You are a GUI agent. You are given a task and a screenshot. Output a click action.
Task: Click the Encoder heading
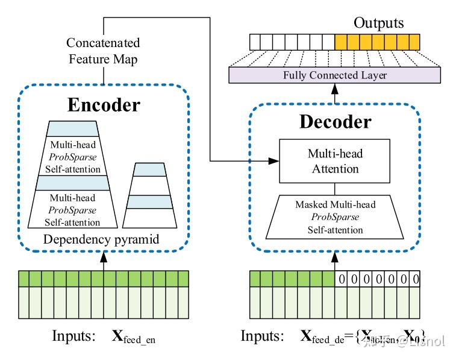pyautogui.click(x=104, y=104)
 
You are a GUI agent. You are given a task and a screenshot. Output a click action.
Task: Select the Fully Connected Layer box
pyautogui.click(x=334, y=75)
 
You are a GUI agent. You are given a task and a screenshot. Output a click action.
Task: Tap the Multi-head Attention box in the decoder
pyautogui.click(x=336, y=161)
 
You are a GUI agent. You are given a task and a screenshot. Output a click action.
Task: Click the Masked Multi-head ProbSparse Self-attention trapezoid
pyautogui.click(x=336, y=216)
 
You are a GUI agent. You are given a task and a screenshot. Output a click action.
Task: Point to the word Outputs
pyautogui.click(x=378, y=23)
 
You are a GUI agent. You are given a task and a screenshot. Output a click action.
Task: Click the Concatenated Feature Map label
pyautogui.click(x=103, y=51)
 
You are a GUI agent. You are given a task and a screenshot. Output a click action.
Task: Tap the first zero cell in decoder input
pyautogui.click(x=342, y=279)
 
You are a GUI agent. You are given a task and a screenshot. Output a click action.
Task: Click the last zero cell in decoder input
pyautogui.click(x=414, y=279)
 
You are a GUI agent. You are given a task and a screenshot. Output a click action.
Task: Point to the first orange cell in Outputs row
pyautogui.click(x=341, y=42)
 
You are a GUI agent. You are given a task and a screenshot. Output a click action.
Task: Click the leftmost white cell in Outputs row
pyautogui.click(x=255, y=42)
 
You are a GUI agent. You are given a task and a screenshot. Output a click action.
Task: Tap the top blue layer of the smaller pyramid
pyautogui.click(x=148, y=170)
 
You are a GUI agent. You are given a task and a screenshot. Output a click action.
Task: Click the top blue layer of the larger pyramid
pyautogui.click(x=72, y=128)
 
